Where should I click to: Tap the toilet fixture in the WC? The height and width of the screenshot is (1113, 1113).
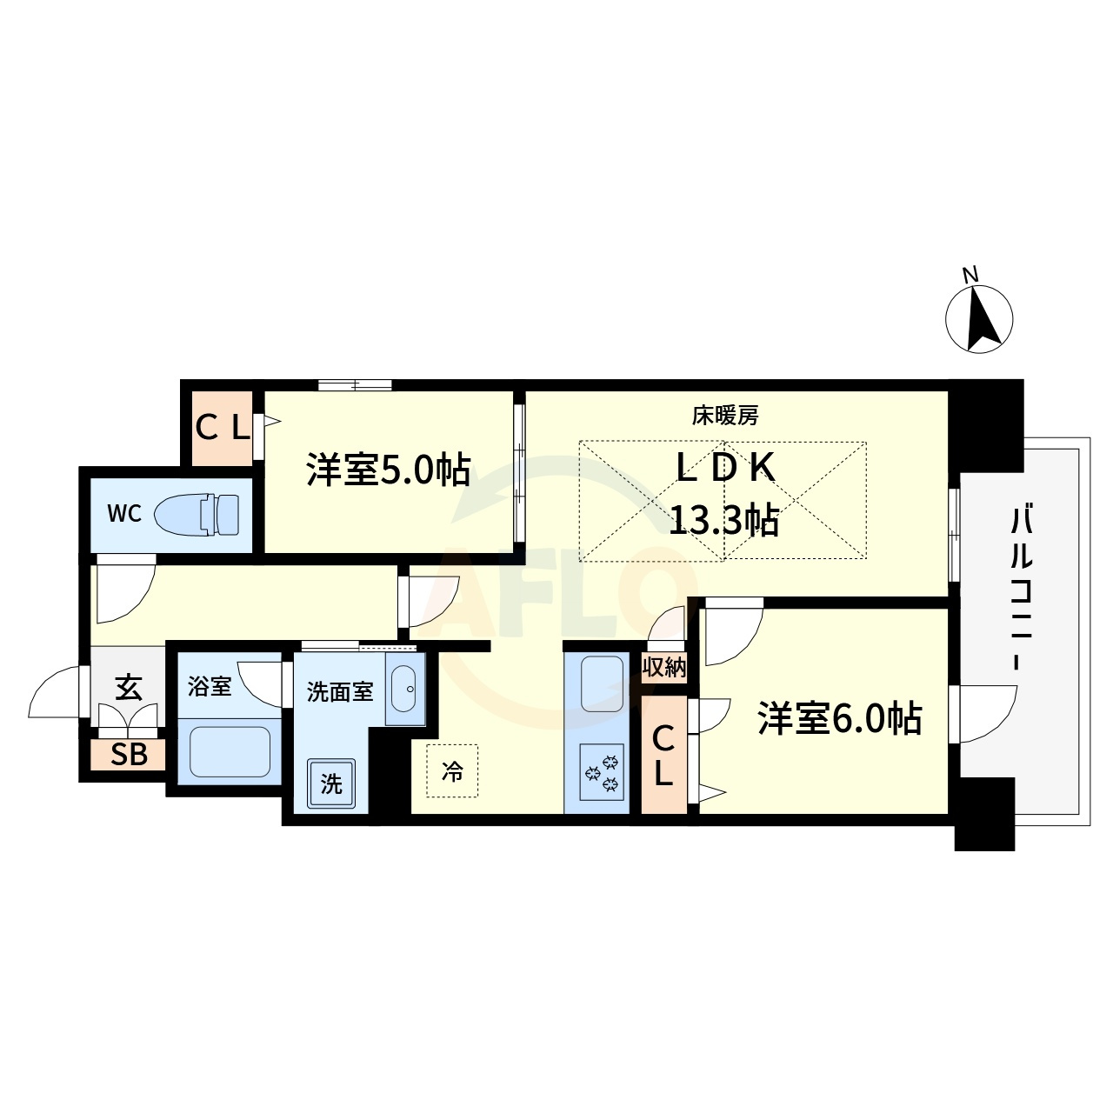pos(197,514)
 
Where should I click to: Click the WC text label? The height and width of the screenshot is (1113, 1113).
pos(124,514)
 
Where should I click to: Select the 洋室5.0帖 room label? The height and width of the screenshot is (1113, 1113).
pos(388,469)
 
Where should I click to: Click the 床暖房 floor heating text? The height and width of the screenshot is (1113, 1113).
pos(725,416)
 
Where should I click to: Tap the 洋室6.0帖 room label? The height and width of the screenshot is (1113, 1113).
pos(840,718)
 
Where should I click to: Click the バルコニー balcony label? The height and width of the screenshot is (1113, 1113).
pos(1022,590)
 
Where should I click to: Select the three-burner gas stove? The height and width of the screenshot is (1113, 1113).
pos(602,771)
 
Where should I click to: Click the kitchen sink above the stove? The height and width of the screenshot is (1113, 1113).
pos(602,684)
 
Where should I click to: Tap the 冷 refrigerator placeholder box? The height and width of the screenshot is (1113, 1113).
pos(452,771)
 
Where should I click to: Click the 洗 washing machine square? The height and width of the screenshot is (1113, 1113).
pos(331,783)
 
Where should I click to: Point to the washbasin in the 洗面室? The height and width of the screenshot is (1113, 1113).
pos(405,689)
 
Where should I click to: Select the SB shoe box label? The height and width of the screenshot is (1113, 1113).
pos(129,755)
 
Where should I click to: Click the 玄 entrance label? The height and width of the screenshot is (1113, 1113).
pos(128,687)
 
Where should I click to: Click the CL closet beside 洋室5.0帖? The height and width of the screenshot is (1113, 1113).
pos(222,428)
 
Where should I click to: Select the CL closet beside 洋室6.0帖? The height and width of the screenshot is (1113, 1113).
pos(663,756)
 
